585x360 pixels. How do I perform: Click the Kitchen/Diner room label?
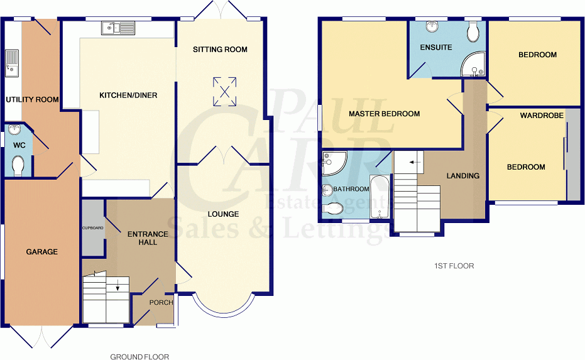click(x=128, y=95)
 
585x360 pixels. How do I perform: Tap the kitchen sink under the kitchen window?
click(x=118, y=28)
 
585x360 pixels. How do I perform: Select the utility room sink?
click(x=12, y=63)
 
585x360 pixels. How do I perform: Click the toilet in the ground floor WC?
click(x=18, y=165)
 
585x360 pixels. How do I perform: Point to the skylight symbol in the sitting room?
click(x=224, y=91)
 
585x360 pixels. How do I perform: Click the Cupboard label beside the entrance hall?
click(x=93, y=227)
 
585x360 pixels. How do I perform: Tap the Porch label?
click(x=161, y=303)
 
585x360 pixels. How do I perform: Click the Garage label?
click(x=41, y=252)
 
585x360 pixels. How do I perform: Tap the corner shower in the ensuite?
click(x=473, y=64)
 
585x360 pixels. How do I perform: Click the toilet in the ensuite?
click(x=473, y=31)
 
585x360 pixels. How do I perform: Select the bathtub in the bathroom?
click(x=380, y=197)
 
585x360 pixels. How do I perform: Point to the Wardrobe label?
click(x=542, y=116)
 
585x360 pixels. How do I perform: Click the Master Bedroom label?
click(x=385, y=114)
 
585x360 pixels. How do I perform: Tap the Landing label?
click(x=463, y=176)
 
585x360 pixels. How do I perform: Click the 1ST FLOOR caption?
click(x=454, y=266)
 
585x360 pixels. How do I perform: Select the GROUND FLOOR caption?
click(x=139, y=357)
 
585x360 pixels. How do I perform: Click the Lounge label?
click(x=223, y=214)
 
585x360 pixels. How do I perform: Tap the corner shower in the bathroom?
click(x=334, y=163)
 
